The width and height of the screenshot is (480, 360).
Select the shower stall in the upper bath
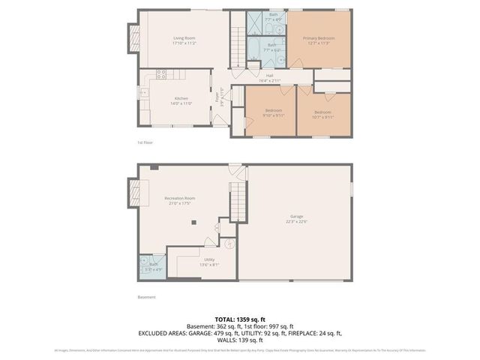point(257,25)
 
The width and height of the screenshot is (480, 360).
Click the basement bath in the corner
point(149,265)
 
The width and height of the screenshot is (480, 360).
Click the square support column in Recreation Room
point(193,221)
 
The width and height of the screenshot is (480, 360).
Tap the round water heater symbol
point(230,244)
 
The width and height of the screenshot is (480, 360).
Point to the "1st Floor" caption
point(145,142)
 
